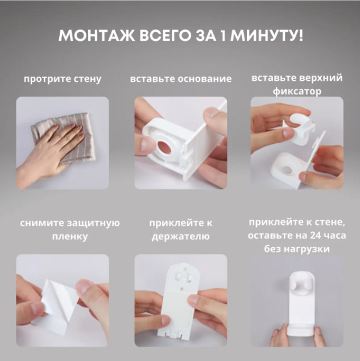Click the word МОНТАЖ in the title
(x=97, y=36)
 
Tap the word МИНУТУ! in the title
(x=267, y=36)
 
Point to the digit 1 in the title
(x=222, y=36)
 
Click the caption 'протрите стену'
(x=63, y=79)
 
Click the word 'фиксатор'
(x=297, y=92)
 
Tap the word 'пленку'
(x=70, y=236)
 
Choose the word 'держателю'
(x=181, y=236)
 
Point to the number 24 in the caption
(x=315, y=235)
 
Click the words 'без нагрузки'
(x=297, y=249)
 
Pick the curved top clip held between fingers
(x=301, y=130)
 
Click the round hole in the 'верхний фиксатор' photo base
(x=287, y=170)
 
